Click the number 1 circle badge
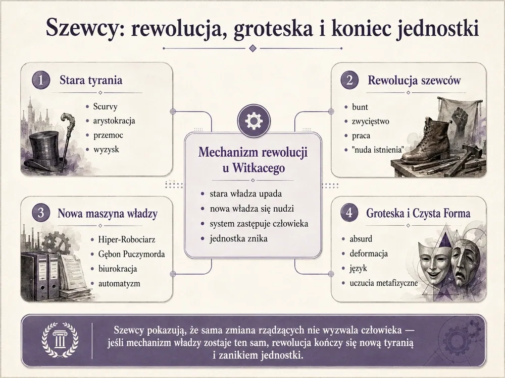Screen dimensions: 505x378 pos(41,80)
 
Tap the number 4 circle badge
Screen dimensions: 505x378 pos(349,213)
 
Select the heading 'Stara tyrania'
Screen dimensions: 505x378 pos(91,80)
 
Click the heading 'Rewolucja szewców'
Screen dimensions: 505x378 pos(414,80)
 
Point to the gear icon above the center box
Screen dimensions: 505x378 pos(254,120)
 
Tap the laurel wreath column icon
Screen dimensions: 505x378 pos(60,340)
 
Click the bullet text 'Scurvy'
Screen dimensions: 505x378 pos(106,106)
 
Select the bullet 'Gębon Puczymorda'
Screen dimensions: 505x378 pos(131,254)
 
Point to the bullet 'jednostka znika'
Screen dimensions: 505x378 pos(238,238)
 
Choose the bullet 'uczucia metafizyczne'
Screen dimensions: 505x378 pos(384,283)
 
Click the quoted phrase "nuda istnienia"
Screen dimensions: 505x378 pos(378,150)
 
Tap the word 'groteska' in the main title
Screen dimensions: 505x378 pos(273,28)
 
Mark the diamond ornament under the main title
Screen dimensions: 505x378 pos(253,48)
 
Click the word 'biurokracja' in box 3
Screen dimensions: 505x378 pos(118,269)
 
